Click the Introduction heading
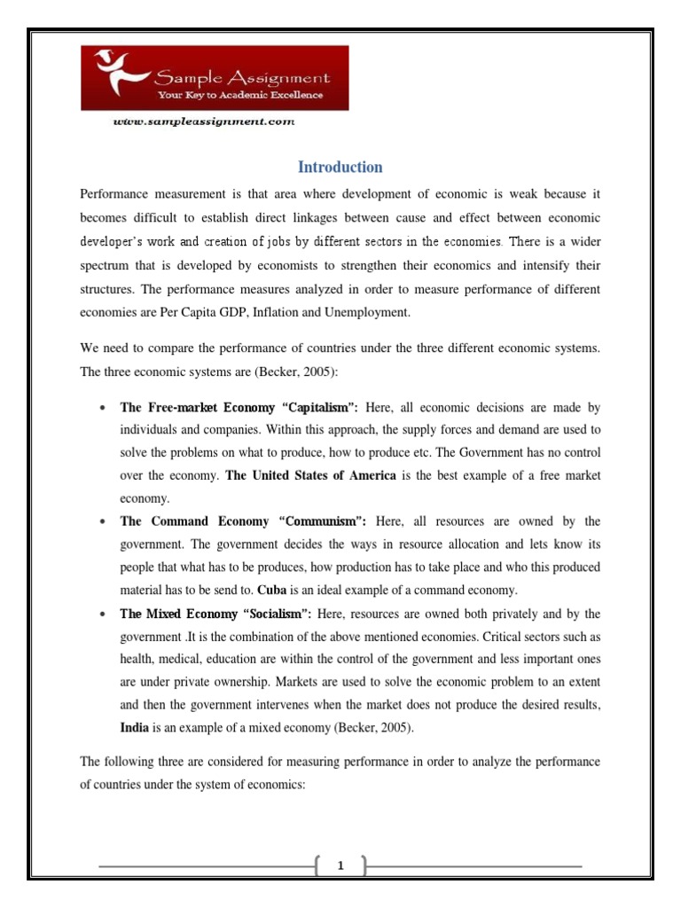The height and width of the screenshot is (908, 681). tap(340, 167)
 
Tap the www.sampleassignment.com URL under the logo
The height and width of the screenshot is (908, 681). tap(203, 122)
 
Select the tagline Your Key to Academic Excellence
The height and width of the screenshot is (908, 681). tap(240, 94)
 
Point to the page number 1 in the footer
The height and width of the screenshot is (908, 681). tap(340, 866)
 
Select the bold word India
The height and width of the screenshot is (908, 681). tap(136, 727)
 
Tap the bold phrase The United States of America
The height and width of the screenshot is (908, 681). tap(310, 475)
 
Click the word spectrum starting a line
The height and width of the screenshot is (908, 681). tap(106, 264)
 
